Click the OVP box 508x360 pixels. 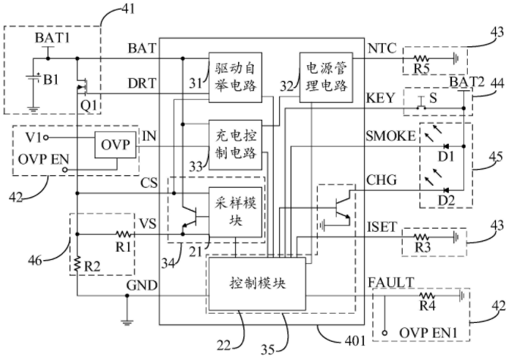click(x=115, y=145)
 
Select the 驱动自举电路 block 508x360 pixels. click(x=235, y=77)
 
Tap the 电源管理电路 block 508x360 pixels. click(x=326, y=77)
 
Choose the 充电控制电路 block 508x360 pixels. click(x=235, y=145)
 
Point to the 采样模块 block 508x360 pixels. click(x=235, y=212)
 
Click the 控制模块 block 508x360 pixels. click(x=257, y=283)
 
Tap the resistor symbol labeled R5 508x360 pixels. click(x=421, y=58)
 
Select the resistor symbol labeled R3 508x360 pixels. click(x=421, y=238)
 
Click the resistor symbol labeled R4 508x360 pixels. click(x=427, y=296)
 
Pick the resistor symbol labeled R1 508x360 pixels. click(x=124, y=233)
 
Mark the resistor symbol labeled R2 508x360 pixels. click(x=77, y=264)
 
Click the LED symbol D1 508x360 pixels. click(x=446, y=146)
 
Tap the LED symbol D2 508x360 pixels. click(x=446, y=190)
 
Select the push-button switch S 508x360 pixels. click(x=421, y=103)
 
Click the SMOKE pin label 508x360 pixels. click(x=390, y=136)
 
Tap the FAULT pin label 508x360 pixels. click(x=391, y=283)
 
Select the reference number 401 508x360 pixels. click(x=356, y=340)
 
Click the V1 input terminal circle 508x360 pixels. click(x=46, y=138)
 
